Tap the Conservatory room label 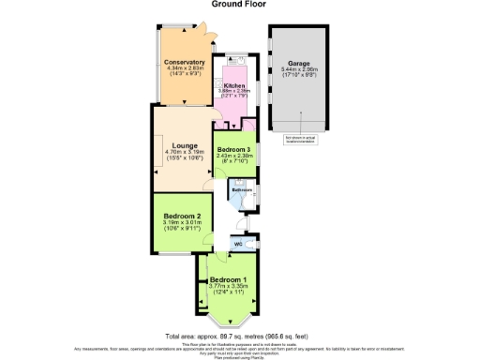point(184,63)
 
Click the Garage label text point(299,63)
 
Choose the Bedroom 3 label point(233,150)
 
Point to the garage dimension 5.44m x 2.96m point(299,69)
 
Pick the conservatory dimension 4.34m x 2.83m point(184,69)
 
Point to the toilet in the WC point(248,247)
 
